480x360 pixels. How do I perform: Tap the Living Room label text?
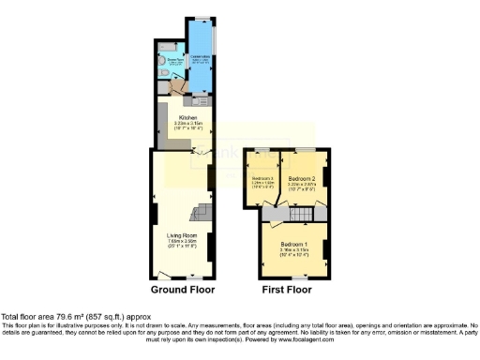coord(181,234)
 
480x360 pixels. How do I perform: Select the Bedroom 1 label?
coord(294,245)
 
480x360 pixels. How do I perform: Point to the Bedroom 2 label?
coord(301,178)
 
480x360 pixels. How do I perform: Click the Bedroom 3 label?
coord(262,178)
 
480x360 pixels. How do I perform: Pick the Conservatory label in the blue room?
coord(200,55)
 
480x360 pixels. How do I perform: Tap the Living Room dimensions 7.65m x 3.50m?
coord(181,241)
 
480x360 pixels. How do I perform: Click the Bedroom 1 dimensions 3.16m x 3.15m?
coord(294,251)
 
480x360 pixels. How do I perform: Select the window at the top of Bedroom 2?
coord(304,149)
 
